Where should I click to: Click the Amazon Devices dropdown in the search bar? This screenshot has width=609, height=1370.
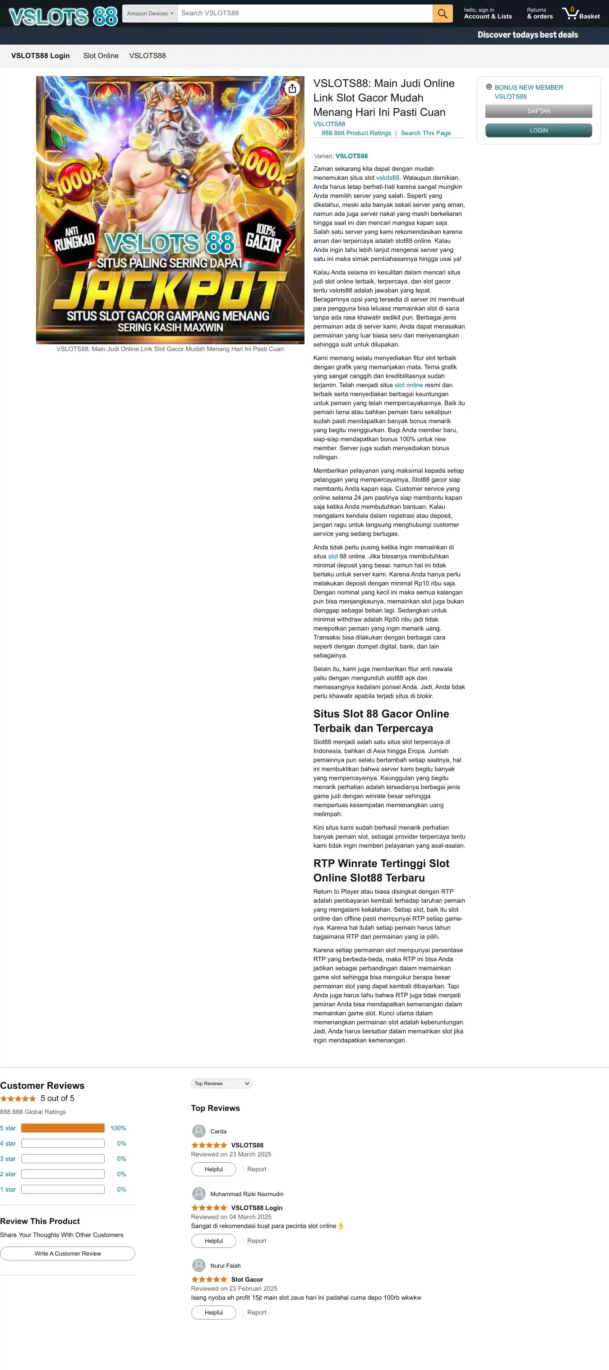[x=150, y=14]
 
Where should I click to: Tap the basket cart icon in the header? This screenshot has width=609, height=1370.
[x=571, y=14]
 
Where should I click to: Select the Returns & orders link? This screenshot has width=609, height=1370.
[x=539, y=14]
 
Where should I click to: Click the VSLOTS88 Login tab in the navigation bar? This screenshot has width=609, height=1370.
[x=41, y=56]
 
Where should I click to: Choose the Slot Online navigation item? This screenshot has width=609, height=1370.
[x=101, y=56]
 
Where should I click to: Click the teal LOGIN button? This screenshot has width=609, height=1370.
[x=538, y=130]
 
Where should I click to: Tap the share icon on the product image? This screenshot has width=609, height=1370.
[x=292, y=88]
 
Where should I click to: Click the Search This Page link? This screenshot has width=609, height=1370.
[x=425, y=133]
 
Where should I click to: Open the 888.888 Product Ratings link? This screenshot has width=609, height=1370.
[x=355, y=133]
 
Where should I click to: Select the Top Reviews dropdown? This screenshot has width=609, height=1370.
[x=221, y=1083]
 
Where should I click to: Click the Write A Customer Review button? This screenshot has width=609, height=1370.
[x=68, y=1254]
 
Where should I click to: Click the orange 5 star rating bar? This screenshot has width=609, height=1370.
[x=63, y=1128]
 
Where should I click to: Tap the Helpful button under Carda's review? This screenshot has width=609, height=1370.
[x=213, y=1169]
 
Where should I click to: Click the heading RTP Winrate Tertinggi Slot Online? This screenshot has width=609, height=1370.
[x=381, y=871]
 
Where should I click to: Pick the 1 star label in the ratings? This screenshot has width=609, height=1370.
[x=8, y=1189]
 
